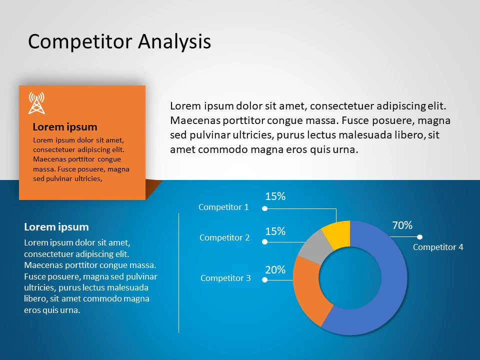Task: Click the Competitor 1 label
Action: [x=223, y=207]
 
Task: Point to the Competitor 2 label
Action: [x=224, y=238]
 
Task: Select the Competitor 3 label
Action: [x=225, y=278]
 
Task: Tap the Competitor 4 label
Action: [x=438, y=247]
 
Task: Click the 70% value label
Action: [x=402, y=225]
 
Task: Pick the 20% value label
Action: [x=275, y=270]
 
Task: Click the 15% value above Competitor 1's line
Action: [x=275, y=196]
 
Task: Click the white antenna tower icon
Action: [x=36, y=103]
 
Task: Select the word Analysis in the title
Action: [x=174, y=42]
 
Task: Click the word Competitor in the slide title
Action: [x=80, y=42]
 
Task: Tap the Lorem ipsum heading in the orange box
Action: [x=65, y=126]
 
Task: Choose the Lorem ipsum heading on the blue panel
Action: [x=56, y=227]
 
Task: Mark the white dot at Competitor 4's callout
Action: [x=419, y=237]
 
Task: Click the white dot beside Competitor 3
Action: [x=265, y=280]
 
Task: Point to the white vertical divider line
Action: [x=179, y=273]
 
